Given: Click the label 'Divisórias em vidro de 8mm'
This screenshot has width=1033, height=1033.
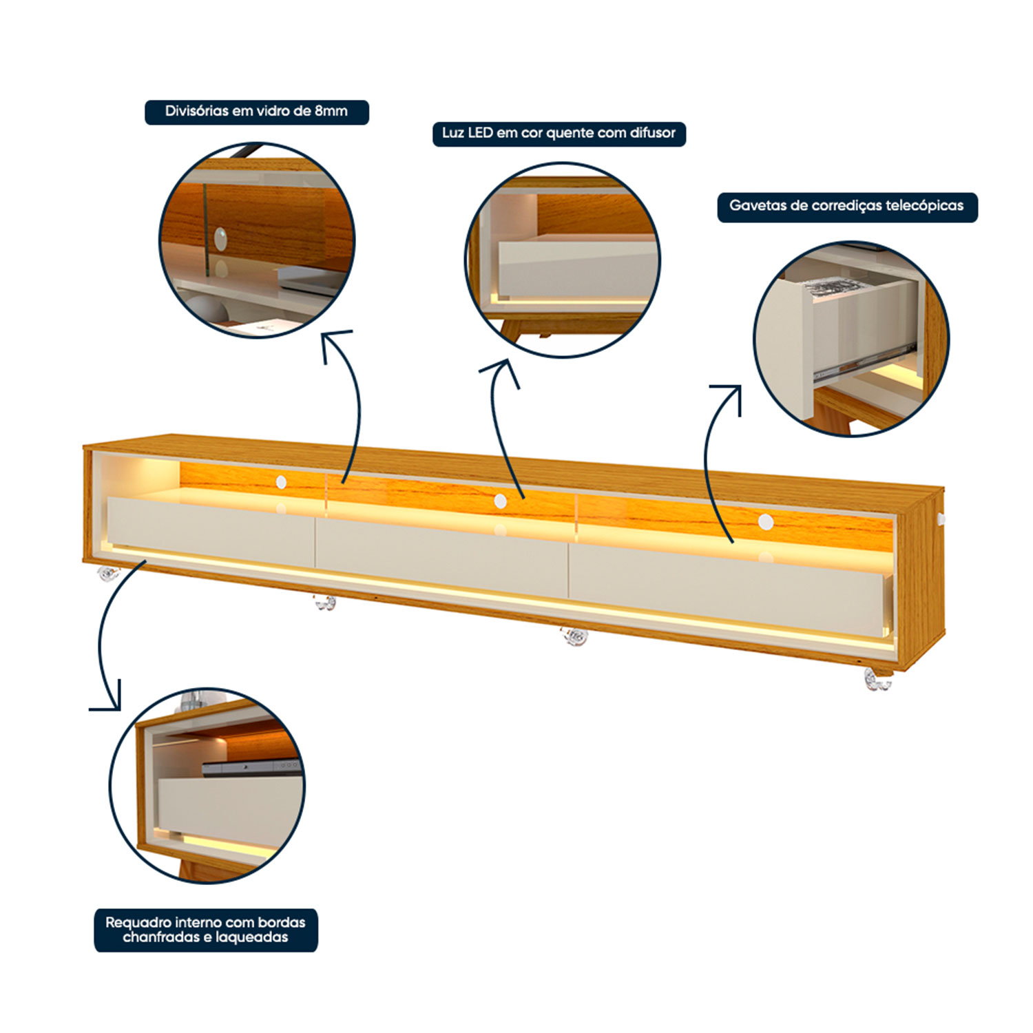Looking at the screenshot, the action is [256, 112].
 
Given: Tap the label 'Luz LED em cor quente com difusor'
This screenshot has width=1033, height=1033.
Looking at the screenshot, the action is [559, 133].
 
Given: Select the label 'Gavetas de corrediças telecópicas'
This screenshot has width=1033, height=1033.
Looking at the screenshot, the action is [847, 206].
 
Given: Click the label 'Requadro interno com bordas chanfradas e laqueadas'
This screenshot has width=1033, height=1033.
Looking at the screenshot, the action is [205, 930].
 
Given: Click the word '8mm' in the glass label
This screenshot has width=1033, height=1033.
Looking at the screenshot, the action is [331, 111].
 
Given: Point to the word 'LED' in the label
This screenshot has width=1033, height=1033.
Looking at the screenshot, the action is [481, 133].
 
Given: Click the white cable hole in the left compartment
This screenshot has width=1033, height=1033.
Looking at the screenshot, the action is [281, 482].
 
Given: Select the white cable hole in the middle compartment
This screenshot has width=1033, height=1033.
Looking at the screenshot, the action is [501, 501].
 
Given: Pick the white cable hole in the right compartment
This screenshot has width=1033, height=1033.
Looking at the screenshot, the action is [765, 522].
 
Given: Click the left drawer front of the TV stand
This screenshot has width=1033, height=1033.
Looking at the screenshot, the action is [211, 532].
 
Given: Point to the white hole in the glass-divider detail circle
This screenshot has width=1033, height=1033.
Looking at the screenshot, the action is [220, 239].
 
